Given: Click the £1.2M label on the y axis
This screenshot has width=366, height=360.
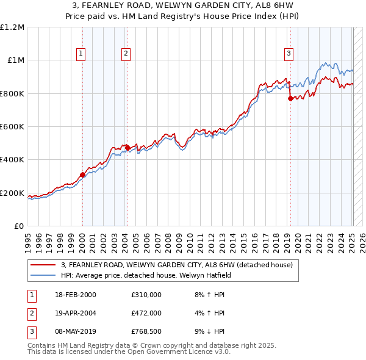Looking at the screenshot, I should [x=12, y=27].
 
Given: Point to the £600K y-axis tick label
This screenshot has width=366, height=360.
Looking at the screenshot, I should [x=12, y=127].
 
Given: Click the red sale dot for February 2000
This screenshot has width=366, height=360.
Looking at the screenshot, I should [x=82, y=175].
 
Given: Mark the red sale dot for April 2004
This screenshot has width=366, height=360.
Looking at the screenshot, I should [x=127, y=148].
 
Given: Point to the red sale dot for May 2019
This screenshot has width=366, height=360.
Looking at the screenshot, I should [x=290, y=99].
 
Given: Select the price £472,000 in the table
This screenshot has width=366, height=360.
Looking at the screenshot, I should [x=146, y=313].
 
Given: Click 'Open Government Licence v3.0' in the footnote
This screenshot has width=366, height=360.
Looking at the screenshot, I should [x=176, y=352].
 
